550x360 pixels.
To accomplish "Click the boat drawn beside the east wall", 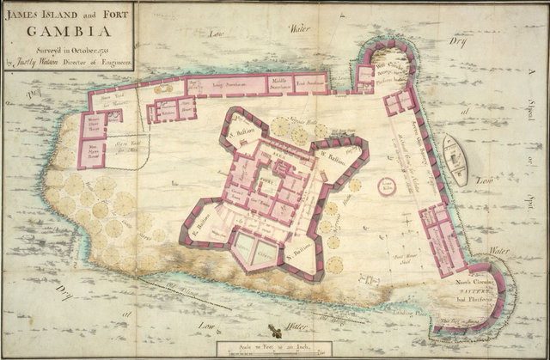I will tap(455, 160).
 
